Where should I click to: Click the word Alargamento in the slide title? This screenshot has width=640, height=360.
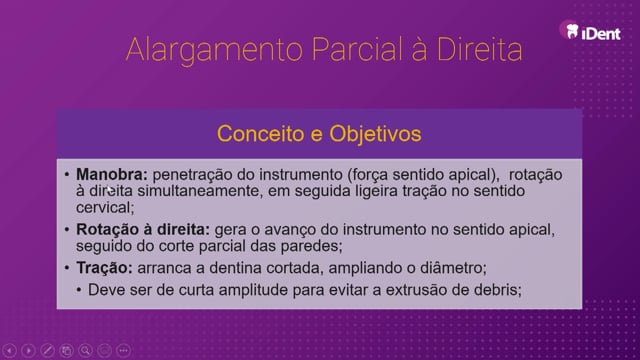click(x=215, y=50)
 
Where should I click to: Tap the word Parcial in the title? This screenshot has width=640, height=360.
click(x=357, y=49)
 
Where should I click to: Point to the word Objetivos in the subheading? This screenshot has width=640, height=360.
click(x=375, y=135)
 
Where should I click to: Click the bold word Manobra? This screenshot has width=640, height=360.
click(x=111, y=175)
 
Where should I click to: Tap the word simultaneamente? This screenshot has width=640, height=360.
click(x=198, y=191)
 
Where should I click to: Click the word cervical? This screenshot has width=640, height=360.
click(x=105, y=208)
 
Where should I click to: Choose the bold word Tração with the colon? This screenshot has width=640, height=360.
click(x=104, y=268)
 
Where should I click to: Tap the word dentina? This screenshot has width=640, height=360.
click(x=232, y=268)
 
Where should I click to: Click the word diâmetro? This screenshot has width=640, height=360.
click(x=453, y=268)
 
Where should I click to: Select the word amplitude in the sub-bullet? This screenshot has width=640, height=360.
click(x=253, y=290)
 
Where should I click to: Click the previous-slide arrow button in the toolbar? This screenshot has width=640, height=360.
click(x=9, y=351)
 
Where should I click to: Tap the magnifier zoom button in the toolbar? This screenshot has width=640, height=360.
click(x=85, y=351)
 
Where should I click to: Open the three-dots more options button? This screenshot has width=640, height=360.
click(x=123, y=351)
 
